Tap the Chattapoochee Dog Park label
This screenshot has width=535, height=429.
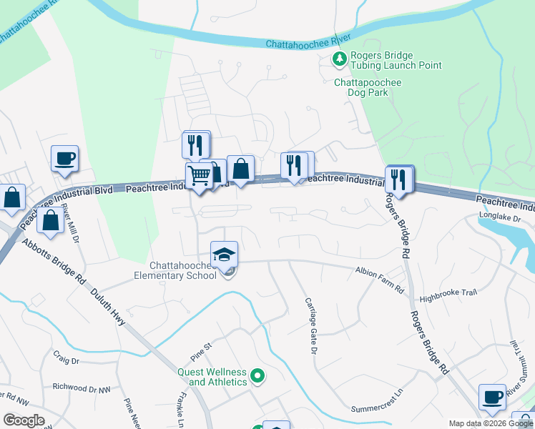pos(368,87)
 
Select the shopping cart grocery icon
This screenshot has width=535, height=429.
pos(200,174)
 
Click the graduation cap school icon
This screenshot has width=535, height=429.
pos(224,254)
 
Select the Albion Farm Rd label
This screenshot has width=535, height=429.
pos(379,272)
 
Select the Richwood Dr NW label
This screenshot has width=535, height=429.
pos(82,388)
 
